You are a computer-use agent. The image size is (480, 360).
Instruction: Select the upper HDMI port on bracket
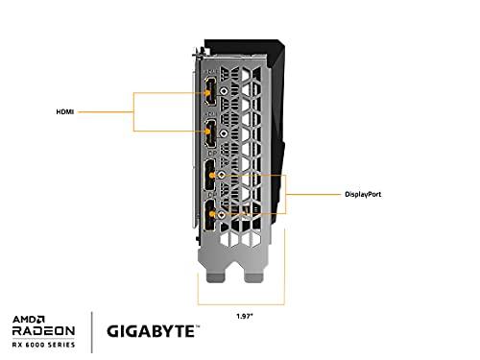tap(206, 92)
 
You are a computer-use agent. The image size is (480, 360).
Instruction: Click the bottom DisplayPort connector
tap(206, 217)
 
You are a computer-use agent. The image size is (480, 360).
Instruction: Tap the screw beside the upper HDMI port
tap(223, 92)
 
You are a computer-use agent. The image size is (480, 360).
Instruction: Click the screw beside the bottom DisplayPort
tap(223, 217)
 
